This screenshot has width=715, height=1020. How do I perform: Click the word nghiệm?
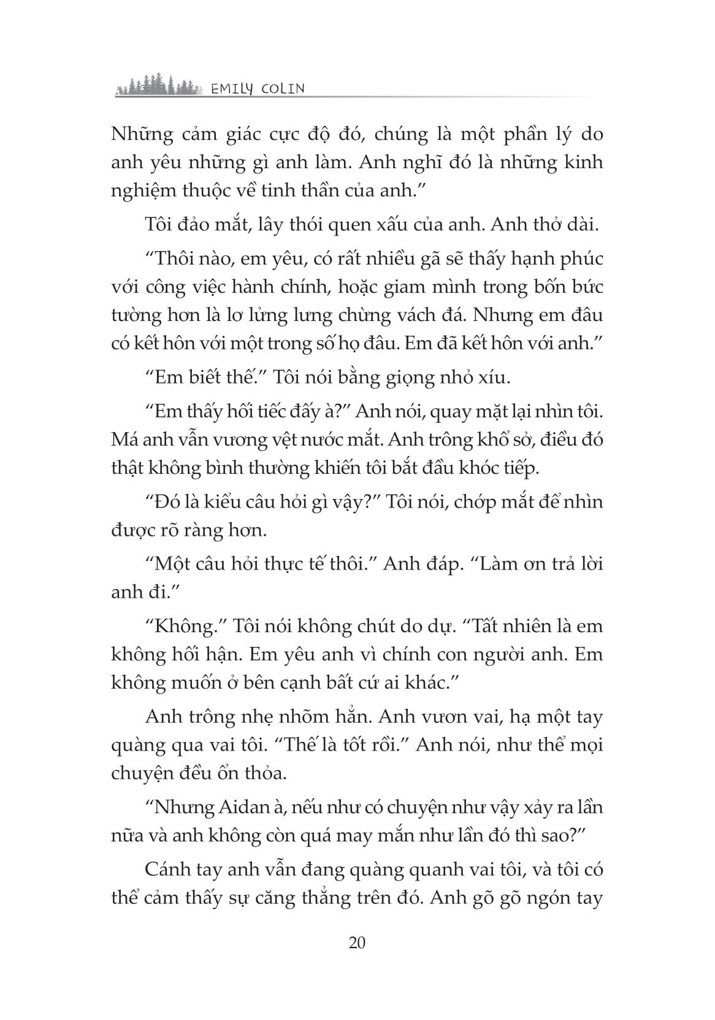pyautogui.click(x=139, y=191)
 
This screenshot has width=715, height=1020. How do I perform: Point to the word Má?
pyautogui.click(x=124, y=439)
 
